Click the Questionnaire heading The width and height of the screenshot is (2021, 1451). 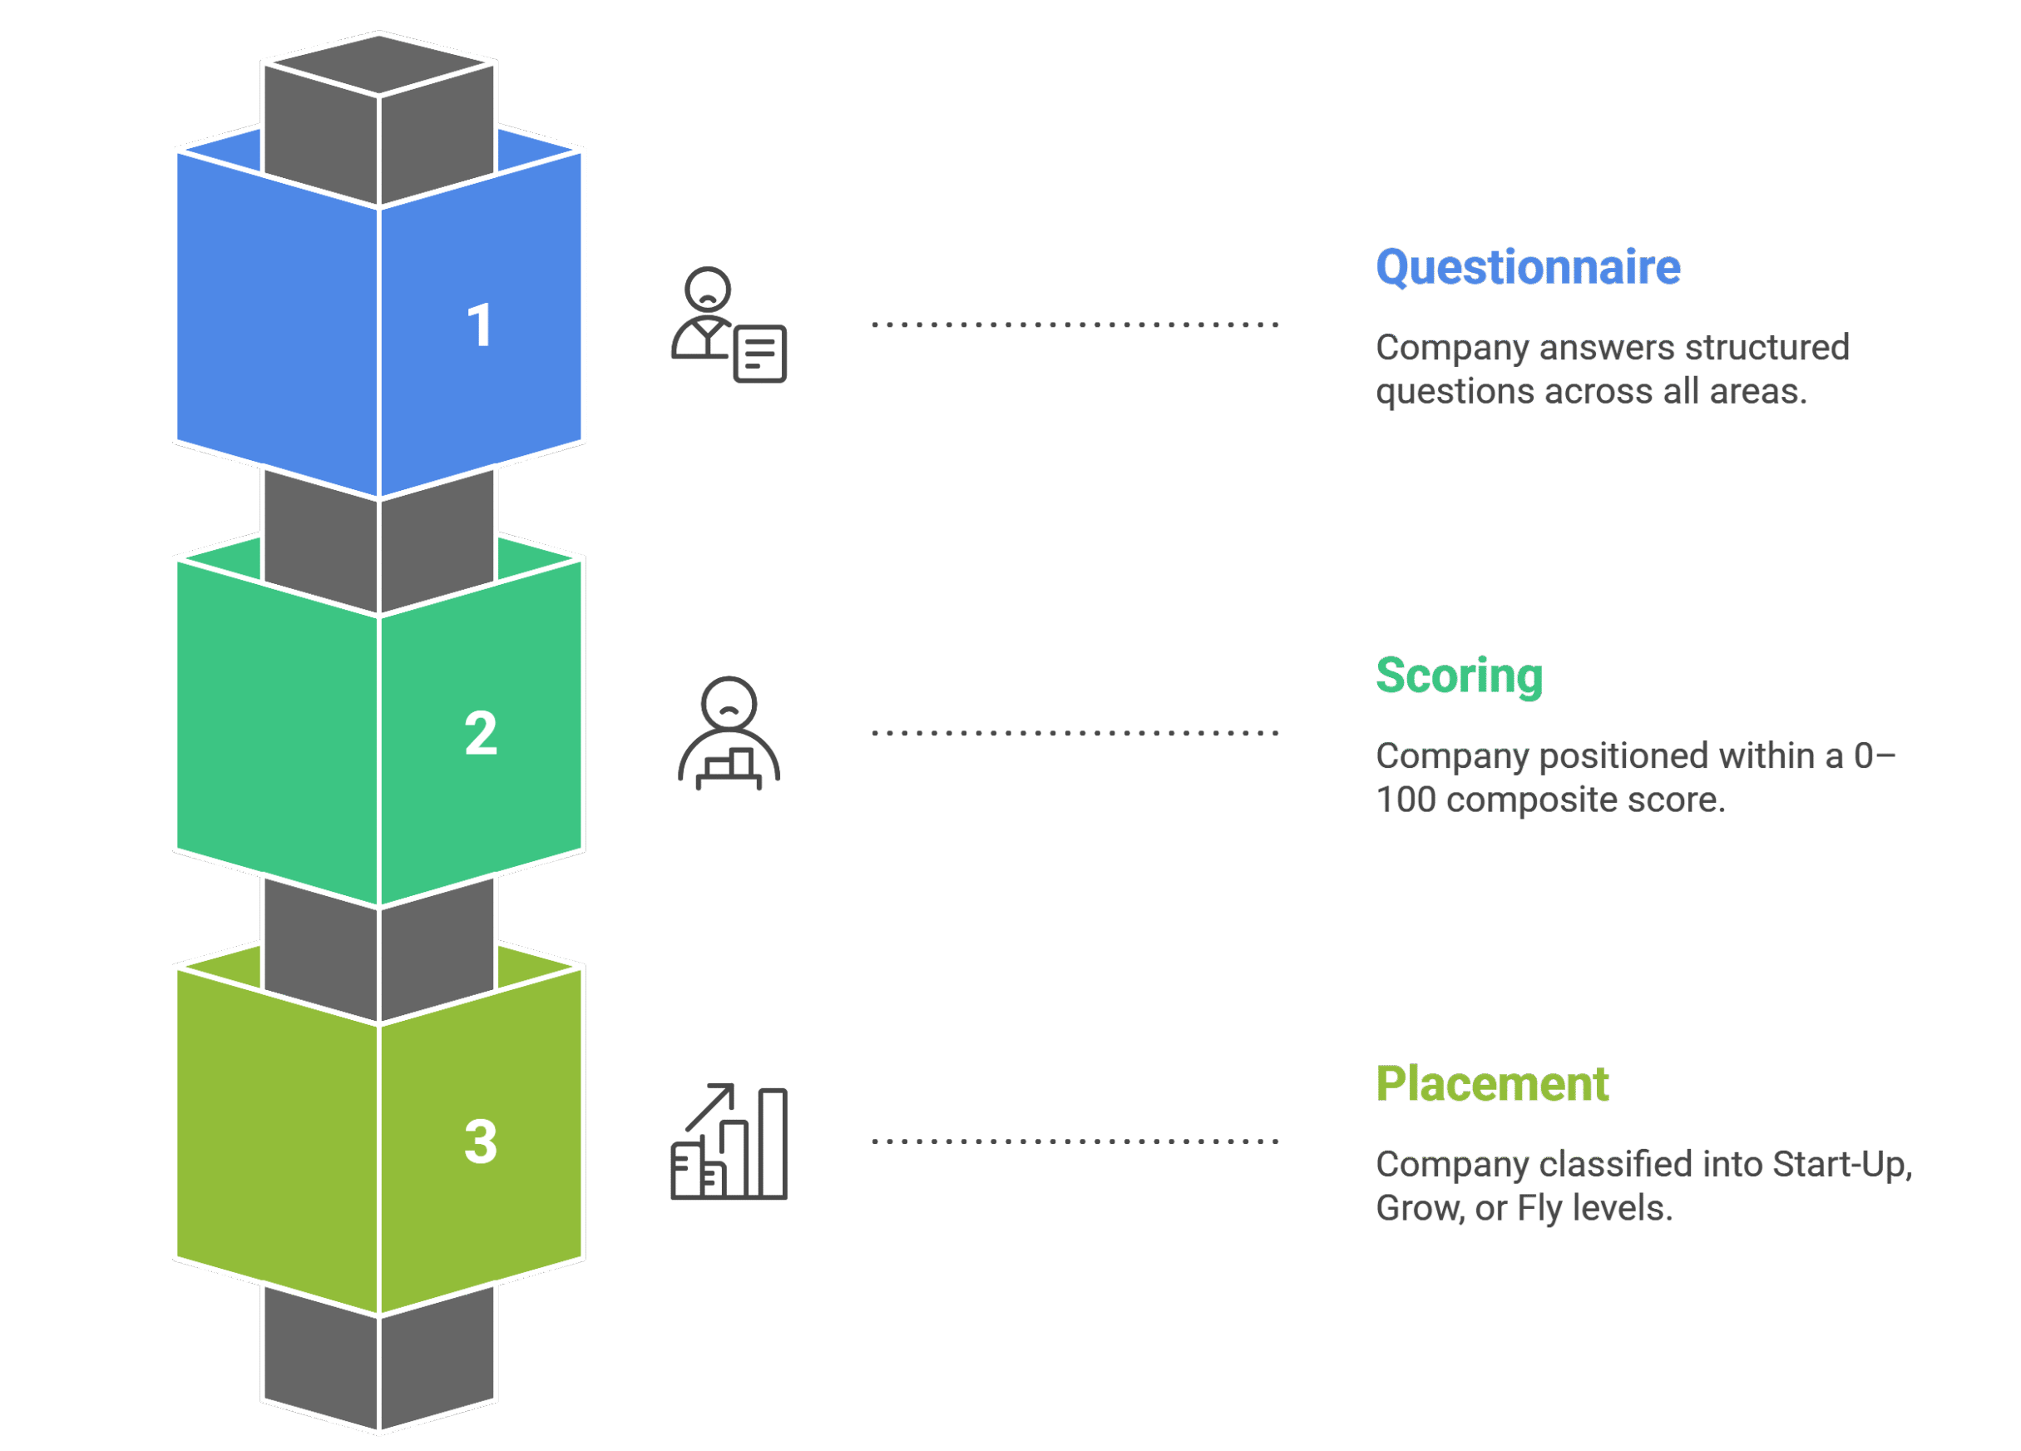(1527, 267)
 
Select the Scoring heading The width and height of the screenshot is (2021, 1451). (1459, 676)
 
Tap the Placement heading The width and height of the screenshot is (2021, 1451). (1492, 1084)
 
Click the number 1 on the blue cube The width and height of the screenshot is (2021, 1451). (479, 325)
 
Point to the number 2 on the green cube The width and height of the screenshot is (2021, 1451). (481, 734)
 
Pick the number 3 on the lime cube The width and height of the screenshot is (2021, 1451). (481, 1141)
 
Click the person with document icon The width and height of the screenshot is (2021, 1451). (728, 325)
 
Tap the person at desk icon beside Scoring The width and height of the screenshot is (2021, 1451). (729, 734)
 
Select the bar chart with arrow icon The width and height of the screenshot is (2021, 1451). (729, 1141)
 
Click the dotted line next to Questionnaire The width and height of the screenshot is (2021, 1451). (1075, 324)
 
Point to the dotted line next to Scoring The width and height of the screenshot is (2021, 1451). (1075, 733)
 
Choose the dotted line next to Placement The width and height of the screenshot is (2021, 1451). (1075, 1141)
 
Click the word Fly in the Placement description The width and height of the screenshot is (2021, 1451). (1539, 1209)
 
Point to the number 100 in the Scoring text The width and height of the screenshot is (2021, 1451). (1406, 800)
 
